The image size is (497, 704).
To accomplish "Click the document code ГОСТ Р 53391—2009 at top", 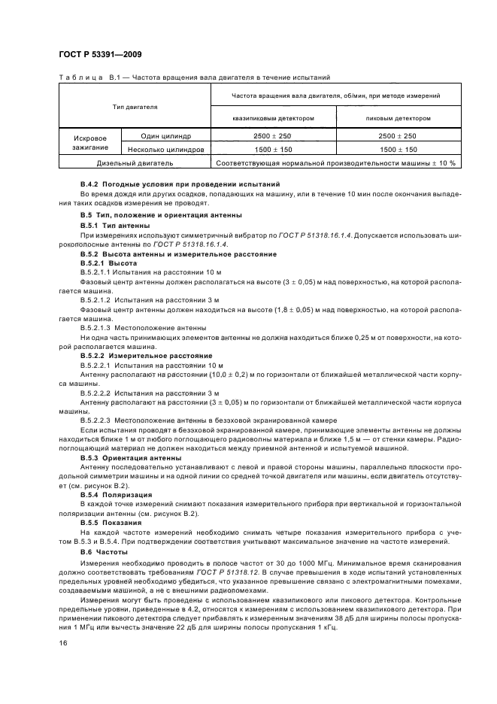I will (x=99, y=54).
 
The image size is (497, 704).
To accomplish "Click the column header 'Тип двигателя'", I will (x=135, y=107).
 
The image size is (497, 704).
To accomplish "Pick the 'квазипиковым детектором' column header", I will (x=273, y=118).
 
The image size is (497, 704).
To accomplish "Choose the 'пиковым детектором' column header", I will (x=398, y=118).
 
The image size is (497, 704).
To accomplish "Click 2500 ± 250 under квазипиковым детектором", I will (x=273, y=136).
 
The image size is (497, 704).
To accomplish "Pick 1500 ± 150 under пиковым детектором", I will (x=398, y=149).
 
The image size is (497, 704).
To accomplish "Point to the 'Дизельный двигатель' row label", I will (x=135, y=162).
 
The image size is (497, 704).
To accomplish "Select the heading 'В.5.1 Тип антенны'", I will (x=115, y=226).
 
